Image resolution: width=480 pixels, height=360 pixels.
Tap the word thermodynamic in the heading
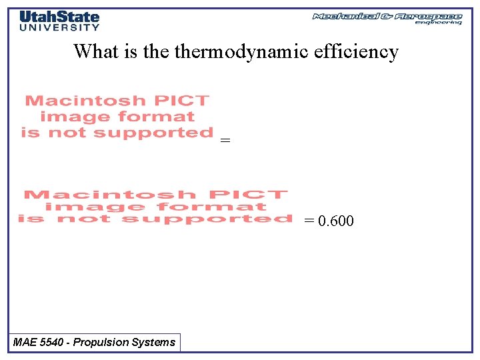239,52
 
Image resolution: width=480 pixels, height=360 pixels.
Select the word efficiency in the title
355,51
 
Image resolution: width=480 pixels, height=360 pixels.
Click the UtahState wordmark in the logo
59,17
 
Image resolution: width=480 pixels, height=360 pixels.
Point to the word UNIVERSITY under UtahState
59,27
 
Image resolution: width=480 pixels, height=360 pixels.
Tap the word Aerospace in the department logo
428,16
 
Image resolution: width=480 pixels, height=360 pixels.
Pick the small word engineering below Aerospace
438,23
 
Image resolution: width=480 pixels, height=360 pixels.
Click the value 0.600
336,221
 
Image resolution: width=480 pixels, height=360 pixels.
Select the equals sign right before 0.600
309,221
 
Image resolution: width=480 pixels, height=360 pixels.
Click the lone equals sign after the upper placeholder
225,141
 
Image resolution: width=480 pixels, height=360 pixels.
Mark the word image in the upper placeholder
68,117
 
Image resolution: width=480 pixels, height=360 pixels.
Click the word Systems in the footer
155,343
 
